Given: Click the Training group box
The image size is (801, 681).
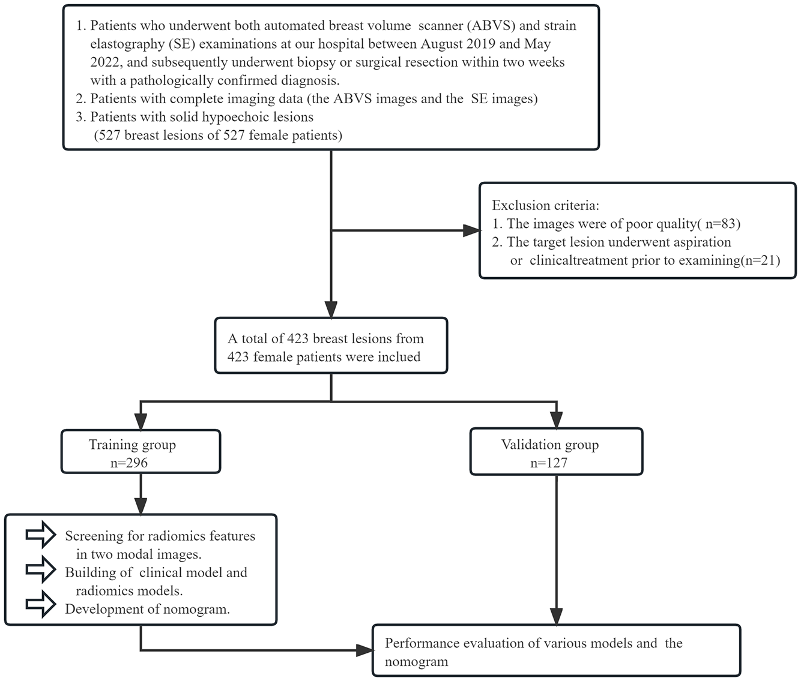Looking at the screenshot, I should (x=141, y=451).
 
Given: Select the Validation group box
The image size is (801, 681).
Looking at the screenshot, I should (x=556, y=451).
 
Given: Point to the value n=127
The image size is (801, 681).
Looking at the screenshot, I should (x=549, y=463).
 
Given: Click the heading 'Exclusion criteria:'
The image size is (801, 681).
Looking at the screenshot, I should (x=545, y=205).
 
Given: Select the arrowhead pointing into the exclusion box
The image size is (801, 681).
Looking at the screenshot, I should (x=471, y=230).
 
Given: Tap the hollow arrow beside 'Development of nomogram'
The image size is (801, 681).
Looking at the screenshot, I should (x=41, y=606).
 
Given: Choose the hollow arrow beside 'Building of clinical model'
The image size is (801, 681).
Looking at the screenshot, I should (x=41, y=570).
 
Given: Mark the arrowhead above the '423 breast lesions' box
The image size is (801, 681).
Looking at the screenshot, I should (x=331, y=309).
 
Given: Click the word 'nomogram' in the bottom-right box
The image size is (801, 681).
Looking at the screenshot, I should (x=416, y=662).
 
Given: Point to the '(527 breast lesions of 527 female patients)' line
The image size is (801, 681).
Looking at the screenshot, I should (x=218, y=136).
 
